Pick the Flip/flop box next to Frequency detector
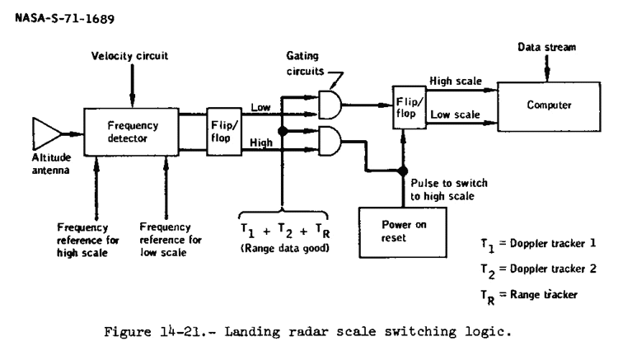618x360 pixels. coord(224,128)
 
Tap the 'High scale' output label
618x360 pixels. coord(452,82)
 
